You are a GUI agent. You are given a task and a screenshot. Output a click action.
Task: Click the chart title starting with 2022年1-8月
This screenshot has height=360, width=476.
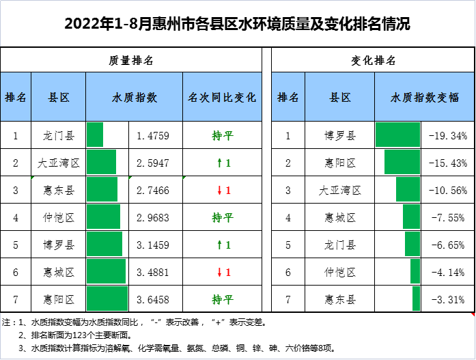[x=237, y=25]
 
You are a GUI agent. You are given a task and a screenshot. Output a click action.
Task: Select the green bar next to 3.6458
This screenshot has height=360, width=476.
[x=107, y=299]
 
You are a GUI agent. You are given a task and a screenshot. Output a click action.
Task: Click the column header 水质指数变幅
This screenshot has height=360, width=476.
[x=425, y=97]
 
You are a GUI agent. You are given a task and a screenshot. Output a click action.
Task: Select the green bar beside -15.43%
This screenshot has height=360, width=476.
[x=402, y=163]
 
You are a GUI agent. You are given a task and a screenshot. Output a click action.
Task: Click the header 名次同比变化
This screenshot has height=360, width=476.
[x=222, y=97]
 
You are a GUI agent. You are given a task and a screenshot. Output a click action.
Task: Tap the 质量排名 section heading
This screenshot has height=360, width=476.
[x=131, y=60]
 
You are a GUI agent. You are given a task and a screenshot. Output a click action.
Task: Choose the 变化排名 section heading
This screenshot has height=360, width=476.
[x=373, y=60]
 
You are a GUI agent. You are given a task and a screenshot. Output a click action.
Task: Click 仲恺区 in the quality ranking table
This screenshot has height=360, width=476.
[x=58, y=218]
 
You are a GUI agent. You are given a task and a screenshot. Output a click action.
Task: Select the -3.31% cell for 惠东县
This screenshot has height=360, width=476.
[x=448, y=299]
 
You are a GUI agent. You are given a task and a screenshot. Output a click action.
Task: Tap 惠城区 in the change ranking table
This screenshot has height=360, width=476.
[x=340, y=218]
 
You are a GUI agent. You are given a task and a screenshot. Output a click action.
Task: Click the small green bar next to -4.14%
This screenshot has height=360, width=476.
[x=415, y=272]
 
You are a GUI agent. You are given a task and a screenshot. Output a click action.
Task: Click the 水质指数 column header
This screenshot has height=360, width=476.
[x=134, y=97]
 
